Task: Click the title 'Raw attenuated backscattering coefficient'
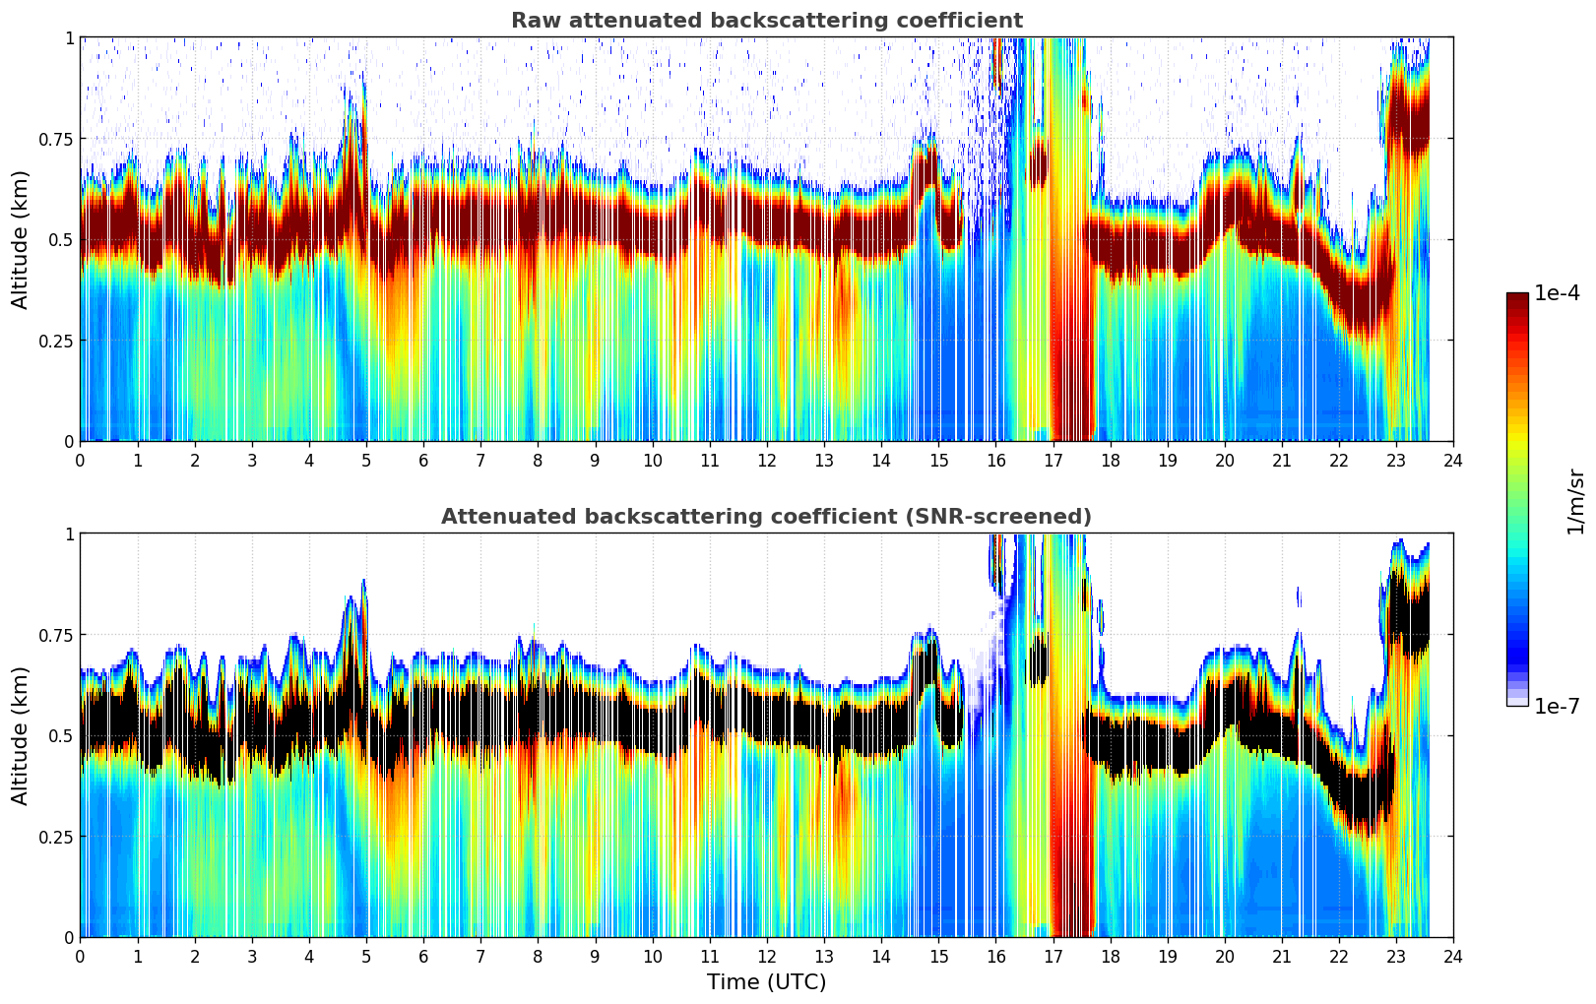pyautogui.click(x=766, y=21)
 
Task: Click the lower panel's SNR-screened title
pyautogui.click(x=766, y=517)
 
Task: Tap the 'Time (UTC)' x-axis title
pyautogui.click(x=766, y=982)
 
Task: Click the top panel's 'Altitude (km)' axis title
pyautogui.click(x=21, y=239)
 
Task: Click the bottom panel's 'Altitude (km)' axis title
pyautogui.click(x=21, y=735)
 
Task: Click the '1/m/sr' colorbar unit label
pyautogui.click(x=1575, y=502)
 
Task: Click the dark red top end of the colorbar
pyautogui.click(x=1517, y=297)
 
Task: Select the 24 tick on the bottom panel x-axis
pyautogui.click(x=1453, y=957)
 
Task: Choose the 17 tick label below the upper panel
pyautogui.click(x=1053, y=461)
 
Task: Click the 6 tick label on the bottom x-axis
pyautogui.click(x=423, y=957)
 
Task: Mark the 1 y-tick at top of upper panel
pyautogui.click(x=69, y=37)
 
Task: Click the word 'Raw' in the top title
pyautogui.click(x=533, y=21)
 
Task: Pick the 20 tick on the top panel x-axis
pyautogui.click(x=1224, y=461)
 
